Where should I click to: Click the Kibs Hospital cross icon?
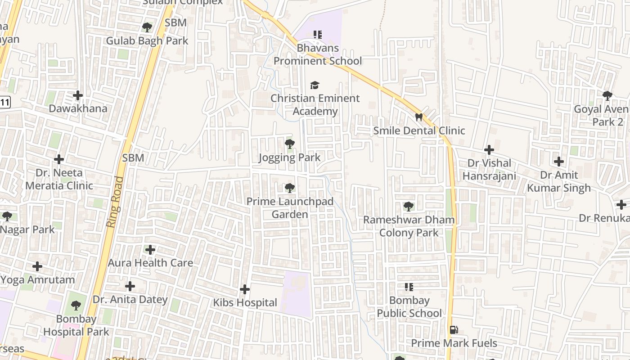(245, 289)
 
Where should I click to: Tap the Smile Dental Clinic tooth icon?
(418, 117)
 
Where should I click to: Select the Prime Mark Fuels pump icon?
(454, 330)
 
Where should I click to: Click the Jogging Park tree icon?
(290, 144)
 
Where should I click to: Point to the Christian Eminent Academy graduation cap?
(315, 85)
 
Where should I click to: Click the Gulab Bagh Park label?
(147, 40)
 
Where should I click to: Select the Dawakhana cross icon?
(78, 95)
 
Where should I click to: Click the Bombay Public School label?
(409, 307)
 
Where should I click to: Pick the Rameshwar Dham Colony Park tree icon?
(409, 207)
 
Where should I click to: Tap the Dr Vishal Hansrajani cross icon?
(489, 150)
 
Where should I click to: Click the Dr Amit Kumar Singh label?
(559, 181)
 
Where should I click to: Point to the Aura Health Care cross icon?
(150, 249)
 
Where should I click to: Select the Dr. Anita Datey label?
(130, 299)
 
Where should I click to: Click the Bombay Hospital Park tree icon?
(76, 306)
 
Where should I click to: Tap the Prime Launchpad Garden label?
(290, 208)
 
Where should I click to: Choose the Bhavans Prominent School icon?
(318, 34)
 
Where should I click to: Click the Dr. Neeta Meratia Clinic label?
(59, 179)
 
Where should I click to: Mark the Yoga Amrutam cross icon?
(37, 266)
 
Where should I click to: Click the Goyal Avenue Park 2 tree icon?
(607, 95)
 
